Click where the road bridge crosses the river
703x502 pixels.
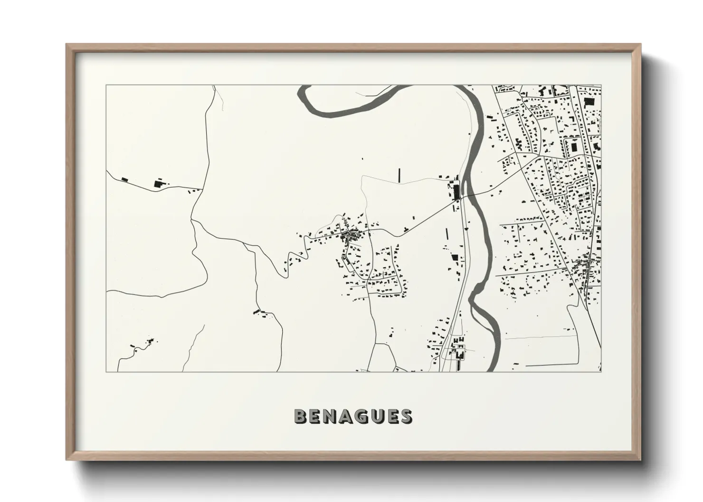coord(467,195)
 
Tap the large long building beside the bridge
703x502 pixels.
coord(457,192)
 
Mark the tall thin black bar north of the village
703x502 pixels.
coord(399,175)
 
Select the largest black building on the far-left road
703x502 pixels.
coord(158,184)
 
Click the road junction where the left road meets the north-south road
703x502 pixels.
coord(203,188)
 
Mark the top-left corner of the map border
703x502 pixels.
coord(106,85)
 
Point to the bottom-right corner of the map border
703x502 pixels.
coord(601,372)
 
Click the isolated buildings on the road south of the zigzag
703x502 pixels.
coord(260,312)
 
